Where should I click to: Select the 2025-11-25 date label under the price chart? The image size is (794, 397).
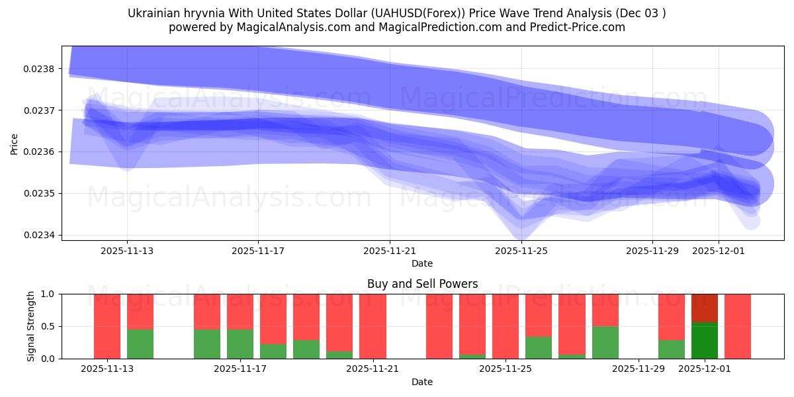[x=521, y=251]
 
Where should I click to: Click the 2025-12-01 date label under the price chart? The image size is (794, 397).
[x=719, y=251]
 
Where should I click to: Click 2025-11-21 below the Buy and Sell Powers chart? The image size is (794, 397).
[x=373, y=369]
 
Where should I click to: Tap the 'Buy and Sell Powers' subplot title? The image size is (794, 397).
[x=422, y=284]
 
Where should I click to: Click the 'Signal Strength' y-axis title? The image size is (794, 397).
[x=31, y=326]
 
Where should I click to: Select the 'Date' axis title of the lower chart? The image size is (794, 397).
[x=422, y=382]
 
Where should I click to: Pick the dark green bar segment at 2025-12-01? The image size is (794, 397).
[x=705, y=341]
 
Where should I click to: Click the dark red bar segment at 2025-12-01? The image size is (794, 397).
[x=705, y=308]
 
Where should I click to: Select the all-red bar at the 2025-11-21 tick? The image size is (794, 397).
[x=373, y=326]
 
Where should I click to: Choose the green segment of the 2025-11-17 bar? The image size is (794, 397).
[x=240, y=344]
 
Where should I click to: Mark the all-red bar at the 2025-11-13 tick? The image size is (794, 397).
[x=107, y=326]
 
